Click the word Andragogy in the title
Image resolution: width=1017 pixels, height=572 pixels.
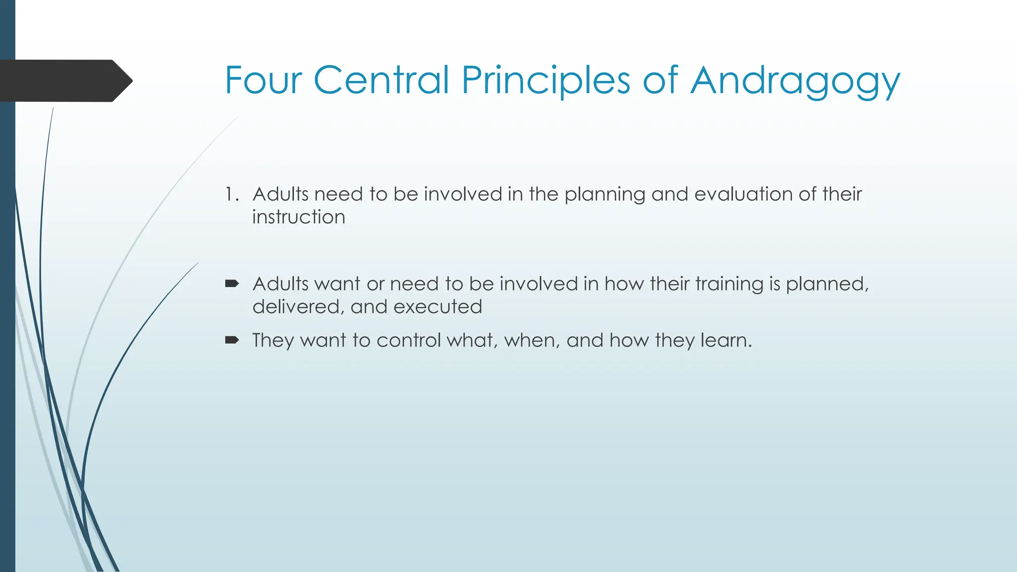click(x=795, y=80)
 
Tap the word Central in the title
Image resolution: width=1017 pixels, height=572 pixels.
click(x=381, y=80)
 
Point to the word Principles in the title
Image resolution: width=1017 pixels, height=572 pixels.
click(x=546, y=80)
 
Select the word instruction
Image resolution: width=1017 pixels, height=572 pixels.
click(x=298, y=217)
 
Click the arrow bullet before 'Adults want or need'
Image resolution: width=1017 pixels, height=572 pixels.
click(x=232, y=284)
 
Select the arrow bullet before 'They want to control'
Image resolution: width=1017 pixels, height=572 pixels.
click(x=232, y=340)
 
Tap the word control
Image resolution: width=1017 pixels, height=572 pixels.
click(x=409, y=341)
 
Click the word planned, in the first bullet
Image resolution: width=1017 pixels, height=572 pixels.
click(x=827, y=285)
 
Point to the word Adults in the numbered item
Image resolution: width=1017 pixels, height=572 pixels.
click(x=281, y=194)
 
